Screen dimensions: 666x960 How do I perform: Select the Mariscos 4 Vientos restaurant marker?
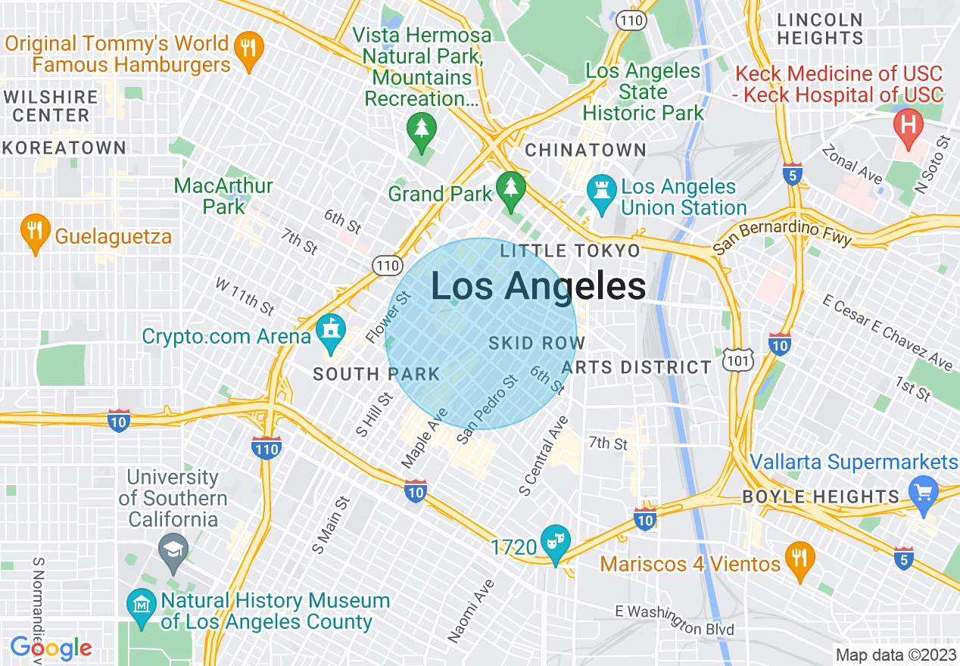tap(799, 559)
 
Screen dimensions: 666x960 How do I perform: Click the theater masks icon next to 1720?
tap(556, 542)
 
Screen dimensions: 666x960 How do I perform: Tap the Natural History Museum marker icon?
tap(142, 605)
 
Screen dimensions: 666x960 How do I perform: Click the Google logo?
tap(51, 648)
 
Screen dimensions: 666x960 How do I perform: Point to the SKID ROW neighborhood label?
tap(537, 343)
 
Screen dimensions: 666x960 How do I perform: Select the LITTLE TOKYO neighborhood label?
tap(570, 251)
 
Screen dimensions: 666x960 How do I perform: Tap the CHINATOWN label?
tap(585, 150)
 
